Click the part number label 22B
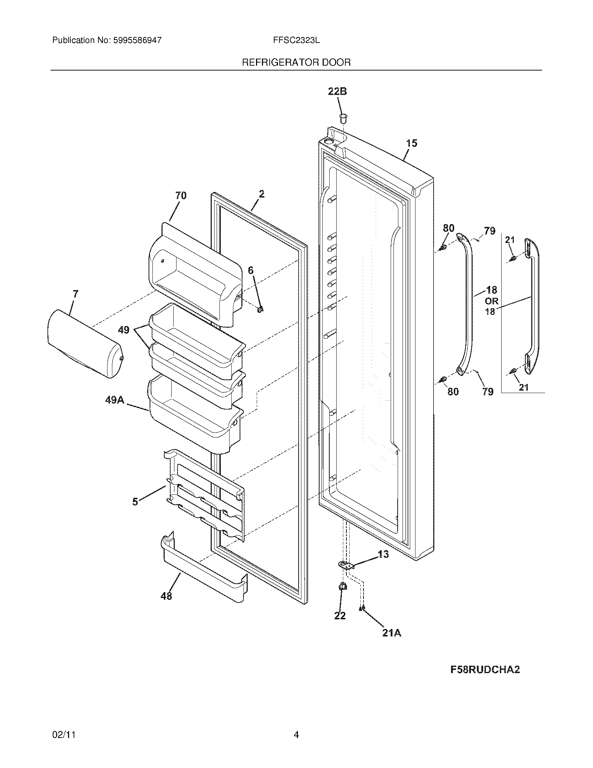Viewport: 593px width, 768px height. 337,91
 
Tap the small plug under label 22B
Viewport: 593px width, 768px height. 343,118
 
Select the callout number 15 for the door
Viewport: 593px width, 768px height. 412,143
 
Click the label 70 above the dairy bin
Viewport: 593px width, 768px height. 181,195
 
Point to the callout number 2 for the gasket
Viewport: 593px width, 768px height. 261,194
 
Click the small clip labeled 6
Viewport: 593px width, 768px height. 260,309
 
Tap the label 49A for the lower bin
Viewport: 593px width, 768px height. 115,400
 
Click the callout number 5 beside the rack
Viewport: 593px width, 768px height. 135,502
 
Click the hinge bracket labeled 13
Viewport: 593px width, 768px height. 346,565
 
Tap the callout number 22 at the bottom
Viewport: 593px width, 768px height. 340,616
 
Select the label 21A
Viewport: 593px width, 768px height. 392,633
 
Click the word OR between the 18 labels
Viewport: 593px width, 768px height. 491,301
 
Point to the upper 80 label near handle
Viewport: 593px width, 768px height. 448,228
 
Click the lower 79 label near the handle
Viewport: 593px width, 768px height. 488,391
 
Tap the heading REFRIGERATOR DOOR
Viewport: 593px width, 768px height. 296,62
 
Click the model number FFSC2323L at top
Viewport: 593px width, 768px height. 296,40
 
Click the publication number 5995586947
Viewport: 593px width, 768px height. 137,40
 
